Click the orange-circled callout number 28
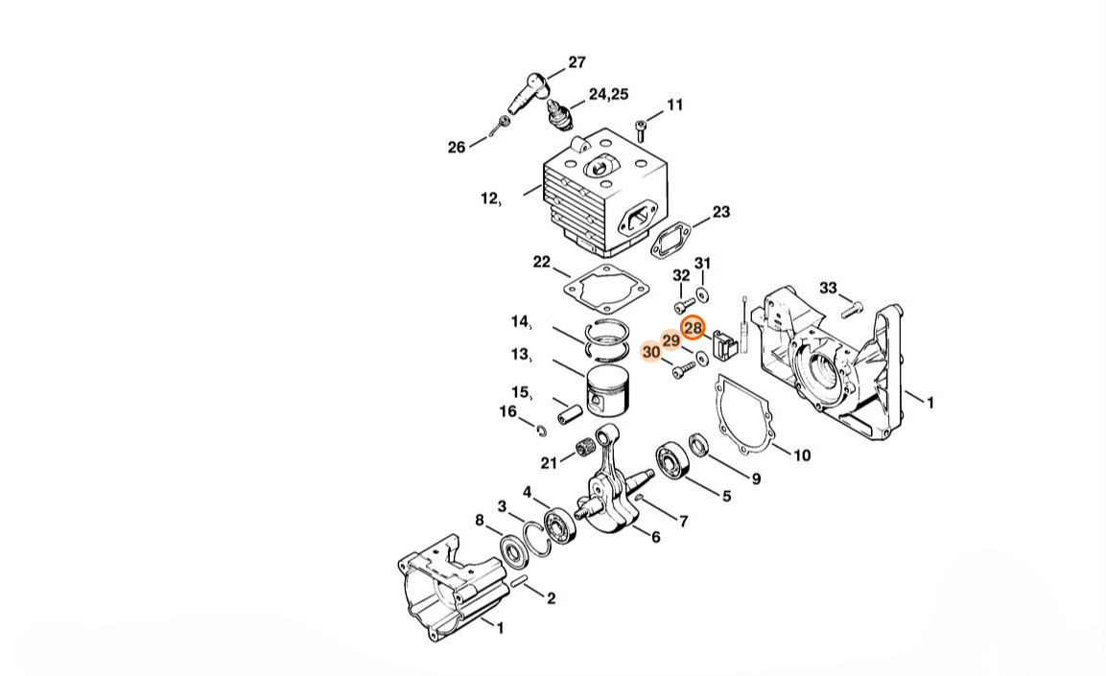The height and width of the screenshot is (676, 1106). tap(693, 328)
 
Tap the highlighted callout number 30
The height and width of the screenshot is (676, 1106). tap(651, 351)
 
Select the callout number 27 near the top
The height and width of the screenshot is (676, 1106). tap(577, 62)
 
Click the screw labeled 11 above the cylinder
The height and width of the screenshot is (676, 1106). tap(641, 129)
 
